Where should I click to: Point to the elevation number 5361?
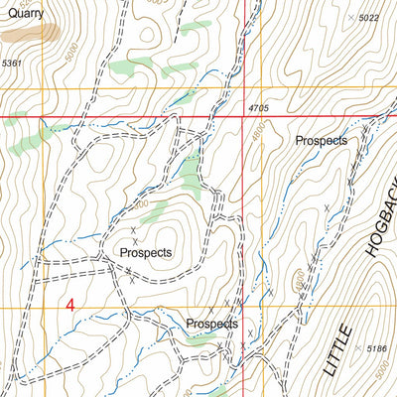pos(11,64)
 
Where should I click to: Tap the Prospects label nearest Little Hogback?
pos(321,141)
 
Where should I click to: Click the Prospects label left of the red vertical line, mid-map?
pos(145,252)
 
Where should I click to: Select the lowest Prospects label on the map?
pos(211,324)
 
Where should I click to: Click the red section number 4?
pos(70,306)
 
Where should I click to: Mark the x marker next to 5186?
pos(356,348)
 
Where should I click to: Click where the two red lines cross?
pos(244,117)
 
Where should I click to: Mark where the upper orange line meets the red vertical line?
pos(244,89)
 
